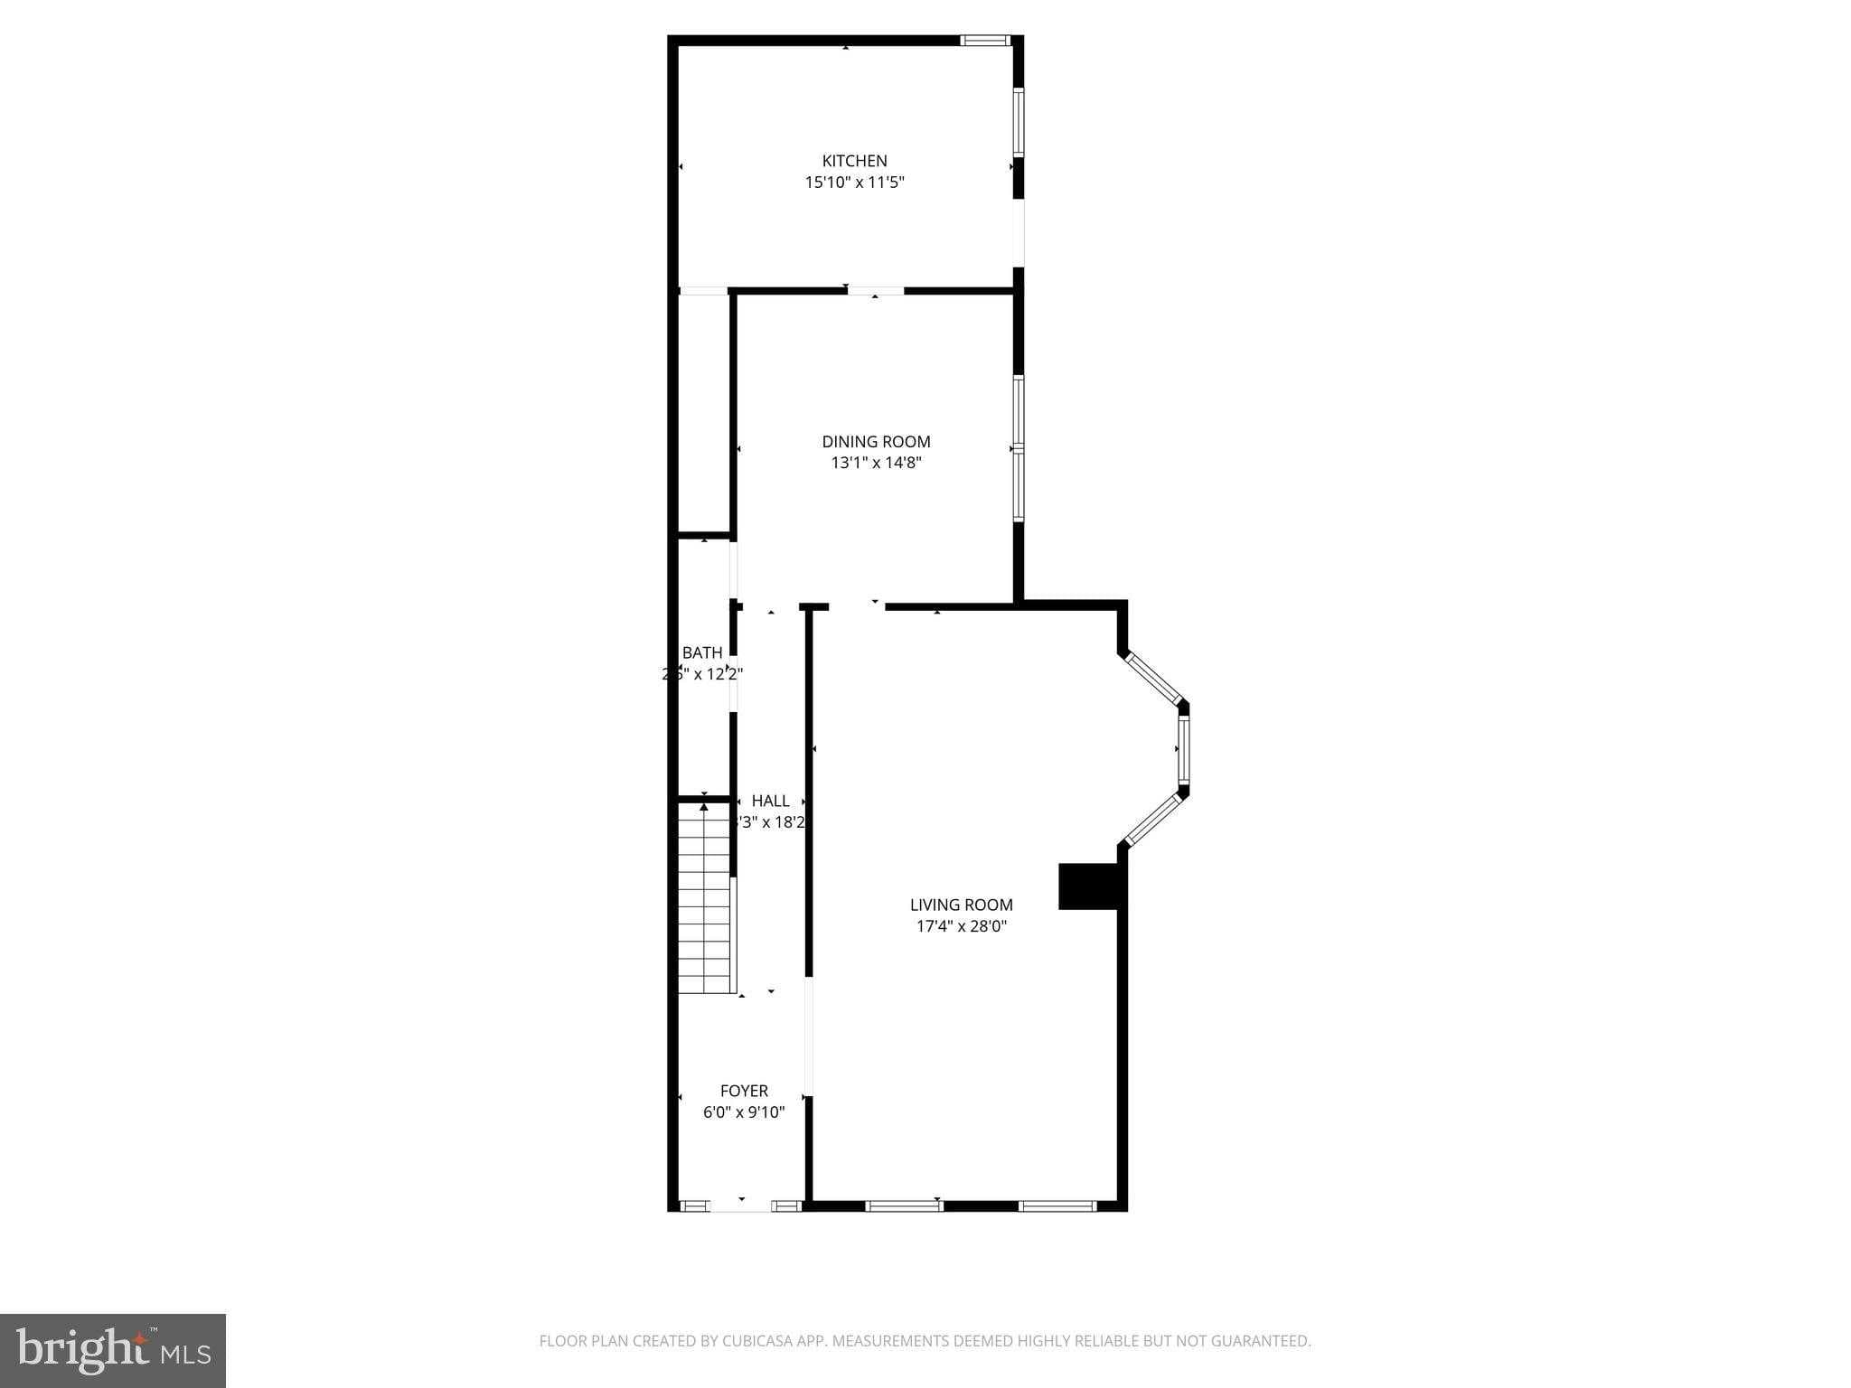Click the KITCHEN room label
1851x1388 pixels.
coord(854,161)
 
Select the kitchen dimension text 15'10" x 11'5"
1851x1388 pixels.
coord(854,183)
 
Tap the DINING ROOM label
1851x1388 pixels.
coord(876,442)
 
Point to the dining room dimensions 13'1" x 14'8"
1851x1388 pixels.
coord(876,464)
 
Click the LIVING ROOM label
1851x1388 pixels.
coord(961,905)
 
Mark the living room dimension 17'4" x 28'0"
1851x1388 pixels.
coord(961,926)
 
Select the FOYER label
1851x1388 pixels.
coord(744,1091)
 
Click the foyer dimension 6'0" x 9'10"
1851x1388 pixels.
coord(744,1112)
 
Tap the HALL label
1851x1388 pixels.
coord(770,801)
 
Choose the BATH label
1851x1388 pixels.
coord(702,652)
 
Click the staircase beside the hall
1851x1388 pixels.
coord(705,899)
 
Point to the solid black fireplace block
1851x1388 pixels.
coord(1088,886)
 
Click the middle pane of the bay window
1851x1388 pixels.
coord(1183,749)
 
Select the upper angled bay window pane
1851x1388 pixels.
coord(1151,679)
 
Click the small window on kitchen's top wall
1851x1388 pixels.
coord(984,40)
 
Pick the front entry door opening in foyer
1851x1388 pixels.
coord(740,1205)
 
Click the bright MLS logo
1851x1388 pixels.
coord(113,1350)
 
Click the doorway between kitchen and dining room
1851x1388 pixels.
coord(875,291)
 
